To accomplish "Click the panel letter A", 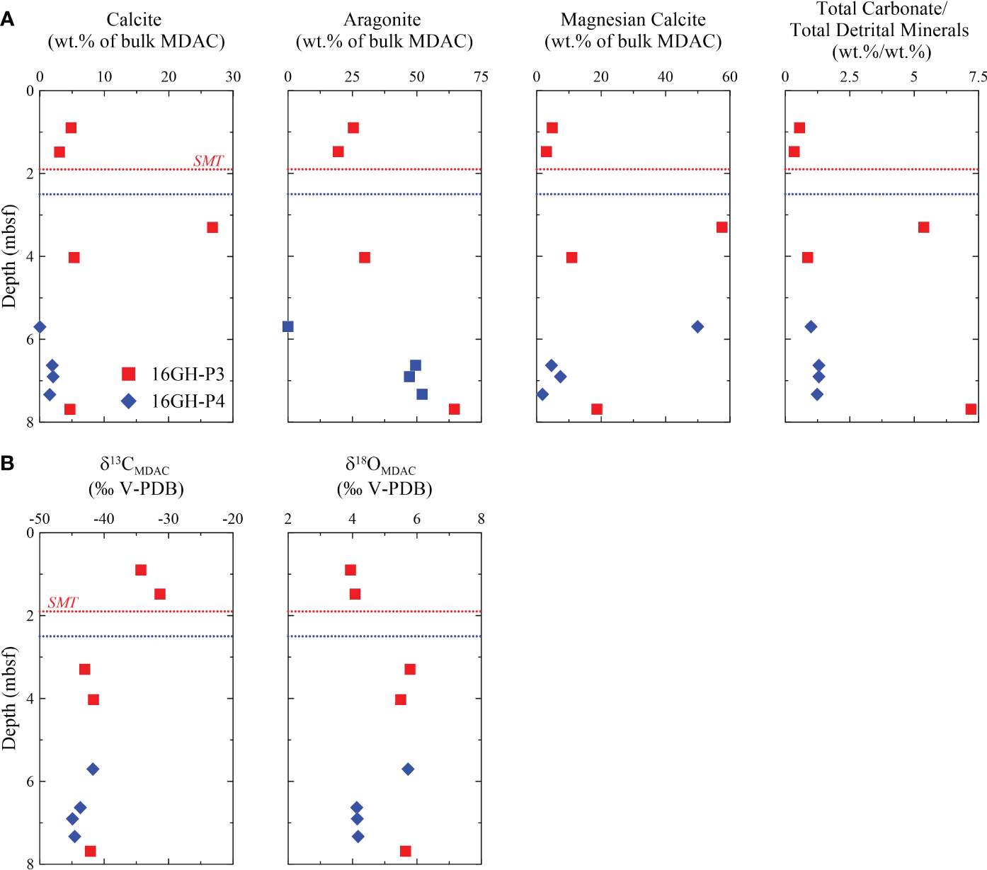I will pos(7,20).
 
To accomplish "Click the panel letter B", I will pos(7,464).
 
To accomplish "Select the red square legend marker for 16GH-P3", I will pos(128,374).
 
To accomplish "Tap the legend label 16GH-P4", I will pos(188,401).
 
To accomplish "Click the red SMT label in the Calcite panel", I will pos(208,161).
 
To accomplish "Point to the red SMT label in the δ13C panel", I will pos(62,602).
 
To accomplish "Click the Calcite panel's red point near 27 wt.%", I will pos(212,227).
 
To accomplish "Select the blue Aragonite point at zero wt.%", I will pos(288,326).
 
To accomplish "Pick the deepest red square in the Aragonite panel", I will pos(455,409).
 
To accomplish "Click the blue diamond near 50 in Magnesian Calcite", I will pos(697,326).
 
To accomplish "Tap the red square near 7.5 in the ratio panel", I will pos(971,409).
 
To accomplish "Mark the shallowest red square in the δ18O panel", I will pos(350,570).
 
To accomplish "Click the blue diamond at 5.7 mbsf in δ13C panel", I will pos(93,769).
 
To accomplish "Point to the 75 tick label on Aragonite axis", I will pos(481,77).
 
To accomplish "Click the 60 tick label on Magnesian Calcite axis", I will pos(729,77).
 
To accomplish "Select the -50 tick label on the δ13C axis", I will pos(39,519).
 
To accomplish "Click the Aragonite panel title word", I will pos(382,20).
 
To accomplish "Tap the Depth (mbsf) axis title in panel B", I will pos(9,698).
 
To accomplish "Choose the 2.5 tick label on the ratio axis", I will pos(849,77).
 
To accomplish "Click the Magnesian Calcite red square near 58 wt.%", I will pos(722,227).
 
